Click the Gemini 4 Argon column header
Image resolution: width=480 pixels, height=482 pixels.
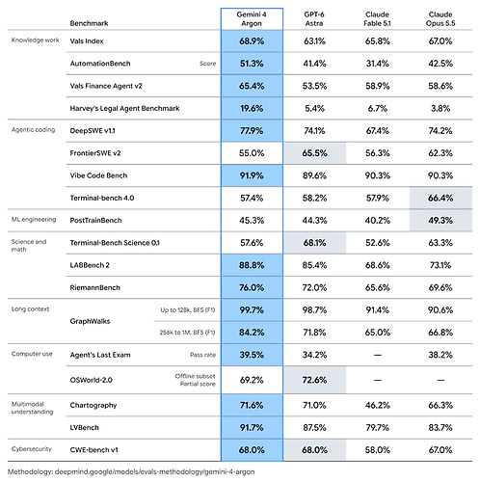pos(252,18)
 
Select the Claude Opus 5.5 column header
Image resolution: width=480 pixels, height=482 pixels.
pos(440,18)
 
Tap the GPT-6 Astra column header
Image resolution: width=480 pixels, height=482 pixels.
pos(314,18)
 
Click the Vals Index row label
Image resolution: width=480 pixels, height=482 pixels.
pos(87,41)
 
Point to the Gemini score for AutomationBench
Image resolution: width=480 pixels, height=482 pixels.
pos(252,64)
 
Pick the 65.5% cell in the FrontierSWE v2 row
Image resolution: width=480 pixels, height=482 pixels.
pos(314,153)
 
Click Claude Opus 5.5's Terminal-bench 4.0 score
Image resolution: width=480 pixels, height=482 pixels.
pos(440,198)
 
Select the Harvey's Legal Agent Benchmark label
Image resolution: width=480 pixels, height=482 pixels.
pos(124,108)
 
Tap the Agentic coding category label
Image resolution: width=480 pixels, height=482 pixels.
pos(33,130)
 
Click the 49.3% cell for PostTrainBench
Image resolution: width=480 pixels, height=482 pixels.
pos(440,220)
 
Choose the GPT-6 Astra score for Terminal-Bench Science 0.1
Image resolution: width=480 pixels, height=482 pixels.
pos(314,243)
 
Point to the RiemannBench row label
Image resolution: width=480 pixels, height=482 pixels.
pos(94,287)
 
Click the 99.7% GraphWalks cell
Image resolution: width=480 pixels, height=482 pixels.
pos(252,309)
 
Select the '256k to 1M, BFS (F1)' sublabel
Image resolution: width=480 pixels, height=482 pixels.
pos(187,333)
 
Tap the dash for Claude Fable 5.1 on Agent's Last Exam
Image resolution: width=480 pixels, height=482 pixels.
pos(378,355)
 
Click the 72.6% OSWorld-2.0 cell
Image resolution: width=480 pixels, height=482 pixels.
pos(314,380)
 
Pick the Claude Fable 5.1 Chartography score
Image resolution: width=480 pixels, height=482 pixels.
pos(378,405)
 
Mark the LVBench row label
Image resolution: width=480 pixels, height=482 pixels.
pos(85,428)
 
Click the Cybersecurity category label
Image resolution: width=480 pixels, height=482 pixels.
pos(32,449)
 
